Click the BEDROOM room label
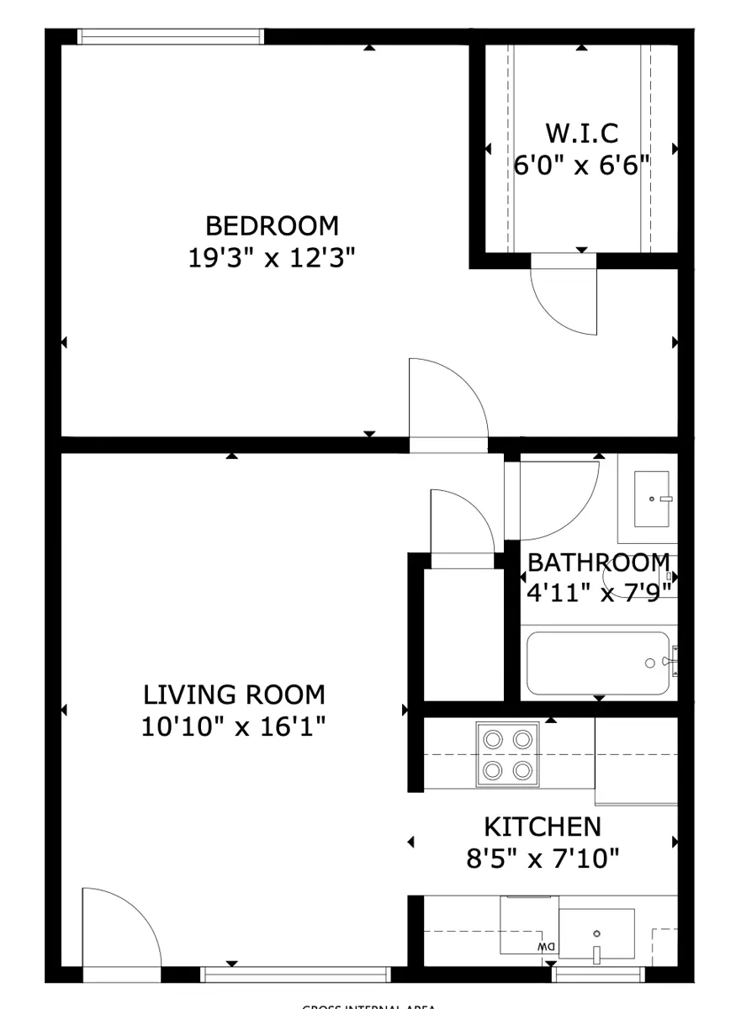272,226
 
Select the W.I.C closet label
581,133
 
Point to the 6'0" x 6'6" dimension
582,165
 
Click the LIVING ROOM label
234,695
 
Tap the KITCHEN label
543,827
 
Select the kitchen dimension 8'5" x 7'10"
543,858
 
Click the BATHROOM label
598,562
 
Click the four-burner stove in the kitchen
507,753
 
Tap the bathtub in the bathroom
597,663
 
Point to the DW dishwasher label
547,948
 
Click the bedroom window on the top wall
171,36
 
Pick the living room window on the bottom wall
296,975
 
